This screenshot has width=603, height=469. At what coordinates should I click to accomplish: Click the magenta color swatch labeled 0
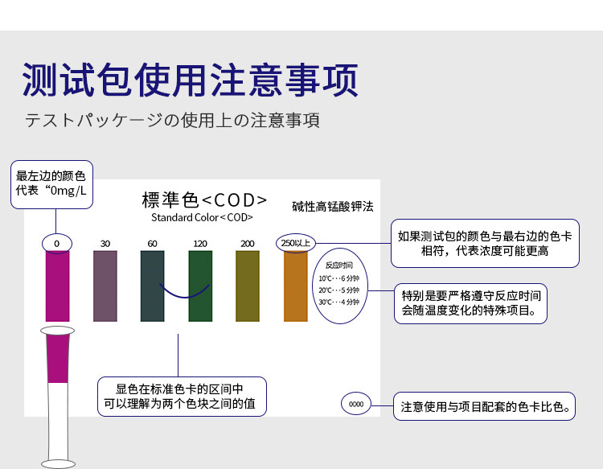tap(57, 286)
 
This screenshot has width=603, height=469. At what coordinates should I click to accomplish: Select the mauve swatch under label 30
tap(105, 286)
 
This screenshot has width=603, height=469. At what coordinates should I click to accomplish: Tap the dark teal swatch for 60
tap(152, 286)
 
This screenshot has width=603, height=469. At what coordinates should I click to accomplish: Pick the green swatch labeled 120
tap(200, 286)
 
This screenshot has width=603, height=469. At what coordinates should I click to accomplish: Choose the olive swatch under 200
tap(248, 286)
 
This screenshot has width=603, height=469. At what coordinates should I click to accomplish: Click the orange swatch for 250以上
tap(296, 286)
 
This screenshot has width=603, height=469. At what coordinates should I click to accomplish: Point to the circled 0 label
tap(57, 244)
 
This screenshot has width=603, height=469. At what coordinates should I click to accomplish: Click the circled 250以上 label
tap(296, 243)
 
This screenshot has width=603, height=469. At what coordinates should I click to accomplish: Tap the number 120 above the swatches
tap(200, 244)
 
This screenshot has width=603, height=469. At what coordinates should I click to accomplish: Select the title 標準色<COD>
tap(204, 200)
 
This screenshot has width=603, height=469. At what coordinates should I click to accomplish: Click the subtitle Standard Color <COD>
tap(202, 217)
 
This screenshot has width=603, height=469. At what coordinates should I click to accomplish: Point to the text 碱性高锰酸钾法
tap(333, 207)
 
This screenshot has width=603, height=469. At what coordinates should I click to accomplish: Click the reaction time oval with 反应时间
tap(340, 286)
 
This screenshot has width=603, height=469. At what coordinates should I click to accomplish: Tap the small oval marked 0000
tap(356, 404)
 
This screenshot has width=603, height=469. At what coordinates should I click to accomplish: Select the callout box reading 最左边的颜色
tap(51, 185)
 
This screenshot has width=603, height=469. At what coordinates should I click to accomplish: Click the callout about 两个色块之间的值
tap(182, 397)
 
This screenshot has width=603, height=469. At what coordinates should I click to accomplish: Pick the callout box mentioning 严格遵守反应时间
tap(470, 303)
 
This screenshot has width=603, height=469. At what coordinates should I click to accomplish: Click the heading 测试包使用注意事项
tap(190, 80)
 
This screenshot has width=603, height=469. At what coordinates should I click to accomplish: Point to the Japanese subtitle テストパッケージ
tap(172, 120)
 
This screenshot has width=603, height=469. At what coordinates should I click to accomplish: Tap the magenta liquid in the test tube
tap(58, 359)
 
